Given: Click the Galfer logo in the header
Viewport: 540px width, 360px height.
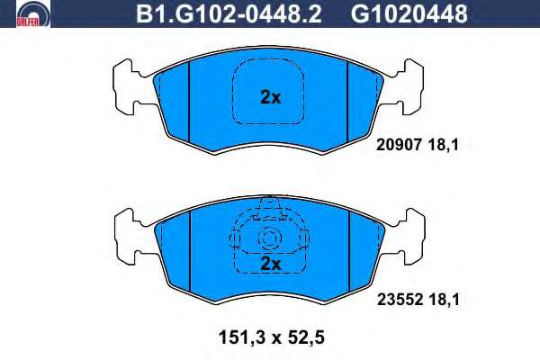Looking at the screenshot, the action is [33, 14].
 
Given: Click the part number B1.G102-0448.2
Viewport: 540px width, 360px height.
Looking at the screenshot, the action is [229, 14].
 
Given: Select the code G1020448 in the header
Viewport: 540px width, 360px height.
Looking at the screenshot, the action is [409, 14].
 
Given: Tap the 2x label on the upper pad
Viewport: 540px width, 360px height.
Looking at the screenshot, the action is [270, 97].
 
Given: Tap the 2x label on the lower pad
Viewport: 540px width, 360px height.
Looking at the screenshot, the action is [271, 264].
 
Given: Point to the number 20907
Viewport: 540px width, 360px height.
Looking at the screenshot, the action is [399, 145].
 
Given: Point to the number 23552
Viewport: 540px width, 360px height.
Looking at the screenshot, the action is [400, 300].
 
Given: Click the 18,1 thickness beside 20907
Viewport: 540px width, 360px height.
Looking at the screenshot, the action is [444, 145].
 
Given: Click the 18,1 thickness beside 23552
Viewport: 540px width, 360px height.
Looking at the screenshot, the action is [445, 300].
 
